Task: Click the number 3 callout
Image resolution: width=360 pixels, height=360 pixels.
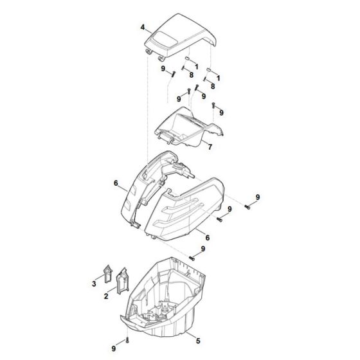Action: click(94, 282)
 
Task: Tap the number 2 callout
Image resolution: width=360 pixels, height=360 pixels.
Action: click(107, 298)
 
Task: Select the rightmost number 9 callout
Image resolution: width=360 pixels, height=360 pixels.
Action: click(258, 197)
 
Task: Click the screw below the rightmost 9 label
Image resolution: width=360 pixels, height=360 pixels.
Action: click(248, 207)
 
